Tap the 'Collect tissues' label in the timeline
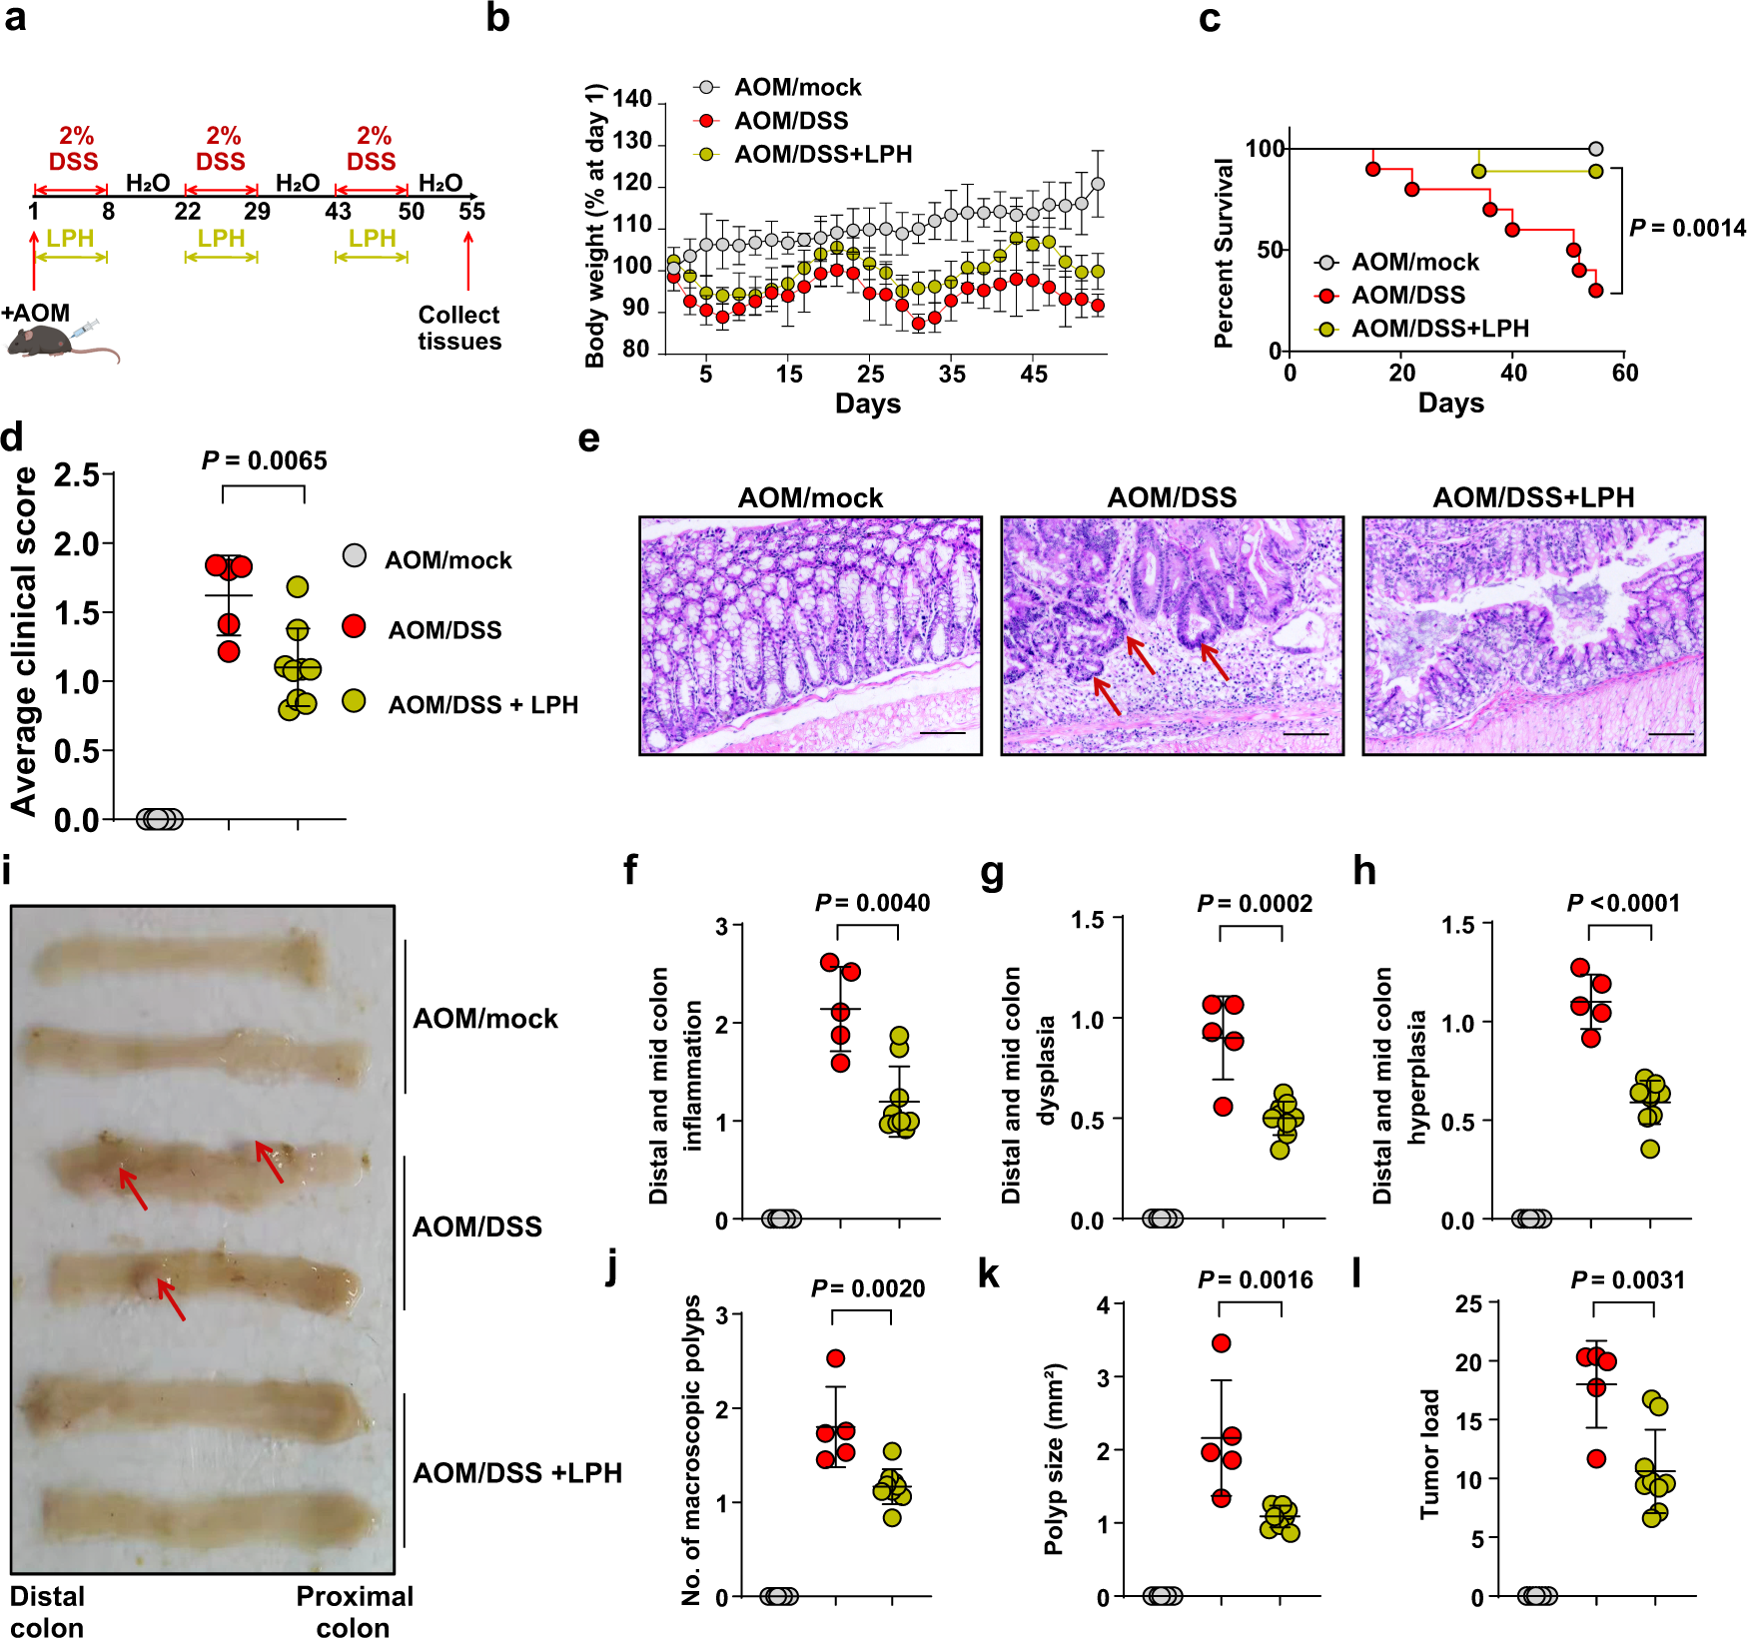(458, 328)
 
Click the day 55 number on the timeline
(471, 212)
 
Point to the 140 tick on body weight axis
(632, 99)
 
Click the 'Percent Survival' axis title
(1224, 253)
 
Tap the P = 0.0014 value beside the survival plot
(1687, 228)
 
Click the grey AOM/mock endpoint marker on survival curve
(1595, 149)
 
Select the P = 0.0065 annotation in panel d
(264, 460)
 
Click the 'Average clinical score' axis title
(25, 641)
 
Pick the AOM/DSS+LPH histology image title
(1533, 497)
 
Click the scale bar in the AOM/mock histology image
(942, 733)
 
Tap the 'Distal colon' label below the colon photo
(47, 1611)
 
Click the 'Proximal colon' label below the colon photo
(355, 1611)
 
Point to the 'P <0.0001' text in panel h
(1623, 903)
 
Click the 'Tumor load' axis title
(1430, 1453)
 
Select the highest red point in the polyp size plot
(1221, 1343)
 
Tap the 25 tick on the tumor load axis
(1468, 1303)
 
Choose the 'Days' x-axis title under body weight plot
(867, 404)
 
